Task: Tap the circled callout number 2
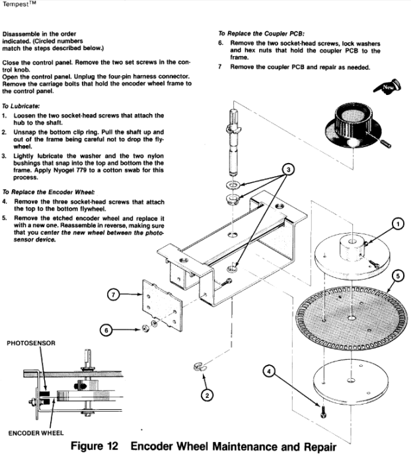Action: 206,395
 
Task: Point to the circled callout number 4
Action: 269,372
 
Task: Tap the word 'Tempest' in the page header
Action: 15,5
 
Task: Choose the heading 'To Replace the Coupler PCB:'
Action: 264,32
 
